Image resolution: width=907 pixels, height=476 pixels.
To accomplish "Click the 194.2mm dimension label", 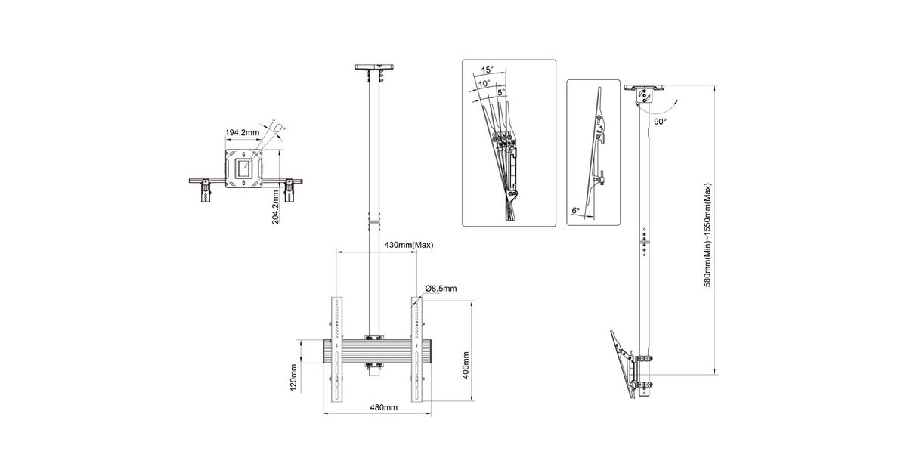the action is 242,132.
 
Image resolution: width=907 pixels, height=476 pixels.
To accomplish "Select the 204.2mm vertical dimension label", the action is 275,207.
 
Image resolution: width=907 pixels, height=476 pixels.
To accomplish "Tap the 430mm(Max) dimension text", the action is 409,245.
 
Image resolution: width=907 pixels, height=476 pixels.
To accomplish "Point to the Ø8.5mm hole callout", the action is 441,289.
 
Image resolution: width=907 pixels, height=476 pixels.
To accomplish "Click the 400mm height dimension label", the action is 466,366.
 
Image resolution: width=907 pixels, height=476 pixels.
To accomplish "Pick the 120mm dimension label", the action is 293,378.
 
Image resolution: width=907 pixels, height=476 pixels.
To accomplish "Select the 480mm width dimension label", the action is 383,407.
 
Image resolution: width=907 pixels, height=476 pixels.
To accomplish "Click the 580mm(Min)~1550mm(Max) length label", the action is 707,235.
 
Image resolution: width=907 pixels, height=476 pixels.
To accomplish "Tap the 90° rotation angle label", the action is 660,122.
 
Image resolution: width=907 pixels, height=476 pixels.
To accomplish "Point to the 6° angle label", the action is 575,211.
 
